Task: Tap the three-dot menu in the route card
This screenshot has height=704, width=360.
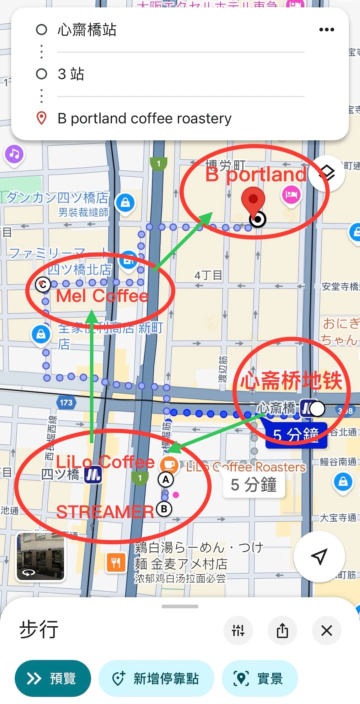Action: tap(326, 30)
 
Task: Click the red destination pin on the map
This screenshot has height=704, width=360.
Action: tap(253, 200)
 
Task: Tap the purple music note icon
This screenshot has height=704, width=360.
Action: tap(14, 154)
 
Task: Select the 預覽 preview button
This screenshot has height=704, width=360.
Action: tap(53, 678)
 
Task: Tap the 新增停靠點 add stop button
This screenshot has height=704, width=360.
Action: tap(156, 678)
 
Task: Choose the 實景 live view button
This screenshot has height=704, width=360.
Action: tap(260, 678)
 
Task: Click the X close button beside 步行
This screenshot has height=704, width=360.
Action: tap(326, 631)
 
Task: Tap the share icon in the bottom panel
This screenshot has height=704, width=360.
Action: tap(282, 631)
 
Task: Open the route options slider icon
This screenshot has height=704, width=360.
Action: tap(238, 631)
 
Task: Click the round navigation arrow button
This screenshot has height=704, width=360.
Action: tap(319, 556)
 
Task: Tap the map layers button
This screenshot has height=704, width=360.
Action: tap(327, 173)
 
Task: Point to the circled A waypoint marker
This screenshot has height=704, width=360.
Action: tap(166, 480)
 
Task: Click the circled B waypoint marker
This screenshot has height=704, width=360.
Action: tap(164, 509)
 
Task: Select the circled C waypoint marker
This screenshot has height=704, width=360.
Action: tap(43, 285)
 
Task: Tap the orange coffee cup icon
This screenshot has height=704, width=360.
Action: tap(169, 465)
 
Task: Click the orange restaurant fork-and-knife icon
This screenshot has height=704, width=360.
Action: tap(116, 563)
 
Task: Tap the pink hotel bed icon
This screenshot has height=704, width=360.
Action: tap(291, 195)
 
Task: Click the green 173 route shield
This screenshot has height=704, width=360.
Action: tap(66, 403)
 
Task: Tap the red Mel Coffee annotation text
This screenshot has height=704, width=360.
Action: tap(102, 296)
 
